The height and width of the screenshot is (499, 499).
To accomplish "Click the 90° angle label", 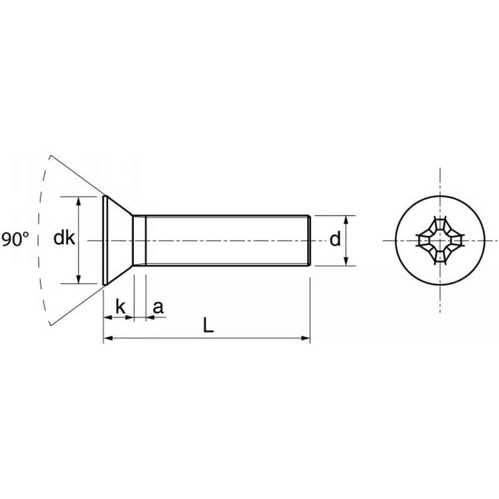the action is click(15, 239).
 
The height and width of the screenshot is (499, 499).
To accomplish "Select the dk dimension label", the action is click(64, 238).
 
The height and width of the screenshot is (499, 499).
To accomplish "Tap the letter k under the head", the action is click(121, 306).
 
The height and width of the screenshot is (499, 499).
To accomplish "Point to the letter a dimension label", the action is click(158, 308).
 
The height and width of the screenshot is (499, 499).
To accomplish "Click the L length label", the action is click(209, 326).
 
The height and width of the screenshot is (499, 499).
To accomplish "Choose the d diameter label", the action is click(335, 239).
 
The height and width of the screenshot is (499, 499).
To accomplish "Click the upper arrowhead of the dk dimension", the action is click(78, 201).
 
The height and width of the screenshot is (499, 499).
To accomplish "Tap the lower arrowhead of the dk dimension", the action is click(78, 279).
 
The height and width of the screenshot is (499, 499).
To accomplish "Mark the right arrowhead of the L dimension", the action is click(305, 338).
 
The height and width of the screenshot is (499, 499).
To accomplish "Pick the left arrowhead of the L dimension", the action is click(108, 338).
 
